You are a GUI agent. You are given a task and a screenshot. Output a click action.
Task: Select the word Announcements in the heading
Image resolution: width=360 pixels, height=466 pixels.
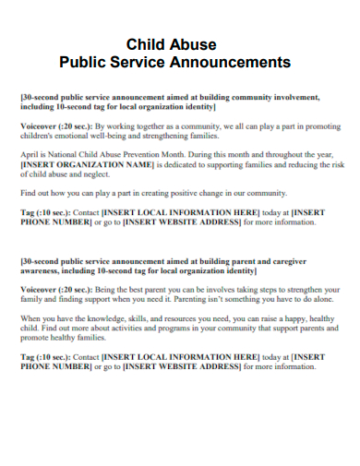233,63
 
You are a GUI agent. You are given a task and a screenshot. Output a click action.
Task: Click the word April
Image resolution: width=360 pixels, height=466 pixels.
30,158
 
